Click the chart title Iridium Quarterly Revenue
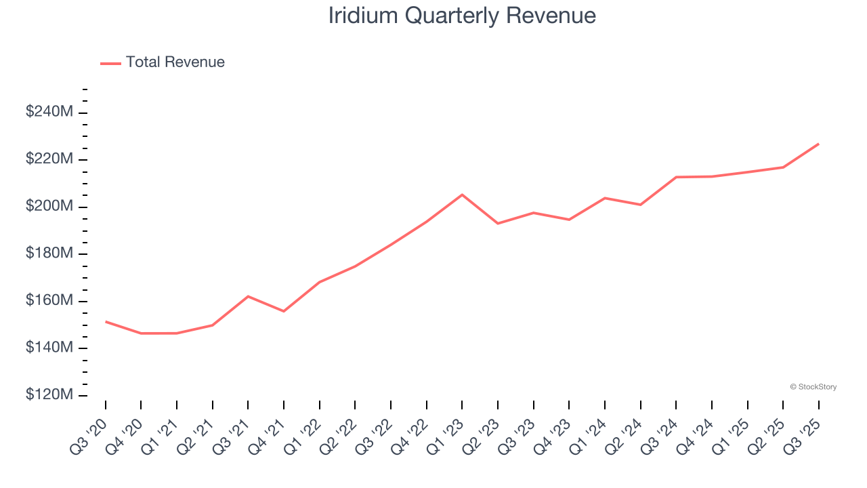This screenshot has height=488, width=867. coord(462,16)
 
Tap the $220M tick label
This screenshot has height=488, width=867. coord(49,159)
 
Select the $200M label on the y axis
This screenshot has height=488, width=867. coord(49,207)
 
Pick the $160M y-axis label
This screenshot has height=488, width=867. coord(49,301)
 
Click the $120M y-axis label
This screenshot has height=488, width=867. coord(49,395)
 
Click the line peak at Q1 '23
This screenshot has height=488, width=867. coord(462,195)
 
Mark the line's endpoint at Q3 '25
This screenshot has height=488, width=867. coord(818,144)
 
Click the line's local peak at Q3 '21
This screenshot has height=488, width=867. coord(248,296)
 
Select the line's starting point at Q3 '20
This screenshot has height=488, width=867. coord(106,321)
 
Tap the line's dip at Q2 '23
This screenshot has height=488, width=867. coord(498,223)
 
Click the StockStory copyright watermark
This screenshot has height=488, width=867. coord(813,387)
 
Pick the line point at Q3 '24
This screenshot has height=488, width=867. coord(676,177)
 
